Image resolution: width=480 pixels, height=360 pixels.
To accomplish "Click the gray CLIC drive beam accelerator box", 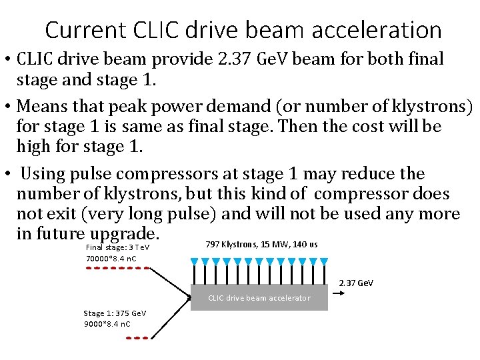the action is (259, 297).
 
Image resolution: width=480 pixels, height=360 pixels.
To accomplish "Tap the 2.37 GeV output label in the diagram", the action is (356, 283).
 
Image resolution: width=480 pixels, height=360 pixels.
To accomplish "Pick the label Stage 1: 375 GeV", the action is (115, 313).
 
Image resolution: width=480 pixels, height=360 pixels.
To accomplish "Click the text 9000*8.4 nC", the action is (107, 324).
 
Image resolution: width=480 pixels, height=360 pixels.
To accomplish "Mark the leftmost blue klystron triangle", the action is (194, 261).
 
